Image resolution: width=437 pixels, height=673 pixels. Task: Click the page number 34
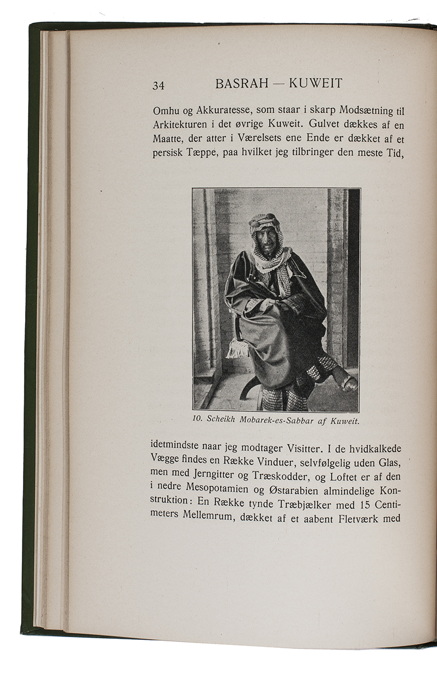tap(158, 85)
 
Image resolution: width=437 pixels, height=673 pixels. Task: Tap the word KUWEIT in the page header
tap(315, 83)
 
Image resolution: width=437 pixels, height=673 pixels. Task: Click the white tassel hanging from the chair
tap(238, 349)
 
